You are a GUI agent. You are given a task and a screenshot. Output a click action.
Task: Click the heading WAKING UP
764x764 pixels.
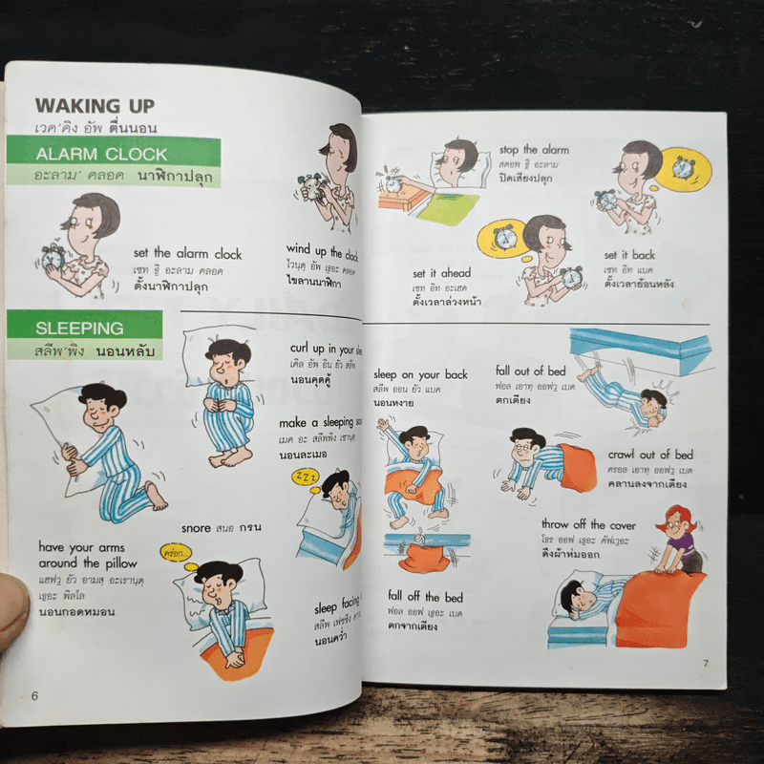95,105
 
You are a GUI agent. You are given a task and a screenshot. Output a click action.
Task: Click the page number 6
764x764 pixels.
34,694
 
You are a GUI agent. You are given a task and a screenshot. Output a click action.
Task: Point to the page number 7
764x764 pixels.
704,663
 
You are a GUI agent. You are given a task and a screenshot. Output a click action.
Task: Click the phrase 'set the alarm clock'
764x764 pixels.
187,254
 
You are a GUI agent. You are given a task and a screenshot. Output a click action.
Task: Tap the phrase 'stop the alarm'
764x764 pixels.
533,150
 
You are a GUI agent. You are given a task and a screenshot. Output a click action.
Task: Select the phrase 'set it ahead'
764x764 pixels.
441,273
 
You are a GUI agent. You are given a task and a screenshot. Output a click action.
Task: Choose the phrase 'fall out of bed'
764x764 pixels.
531,371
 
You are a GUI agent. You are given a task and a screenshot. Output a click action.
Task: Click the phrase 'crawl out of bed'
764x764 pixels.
650,455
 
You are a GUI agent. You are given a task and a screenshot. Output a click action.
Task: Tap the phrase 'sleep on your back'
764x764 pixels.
420,374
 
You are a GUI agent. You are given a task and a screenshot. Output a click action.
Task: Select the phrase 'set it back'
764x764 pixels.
629,255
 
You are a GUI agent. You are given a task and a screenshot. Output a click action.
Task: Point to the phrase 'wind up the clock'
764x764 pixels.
322,254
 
